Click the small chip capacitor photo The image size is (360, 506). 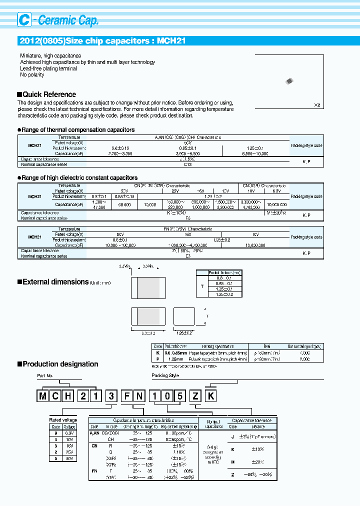point(289,81)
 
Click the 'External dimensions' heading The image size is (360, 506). point(55,282)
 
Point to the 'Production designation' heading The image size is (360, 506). point(60,364)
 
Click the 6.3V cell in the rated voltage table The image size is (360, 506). point(69,432)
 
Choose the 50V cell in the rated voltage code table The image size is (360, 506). point(69,458)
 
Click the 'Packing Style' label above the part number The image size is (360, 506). point(165,375)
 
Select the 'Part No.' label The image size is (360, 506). point(45,375)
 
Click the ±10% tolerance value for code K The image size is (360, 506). point(257,449)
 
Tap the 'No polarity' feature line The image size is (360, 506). point(32,75)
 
